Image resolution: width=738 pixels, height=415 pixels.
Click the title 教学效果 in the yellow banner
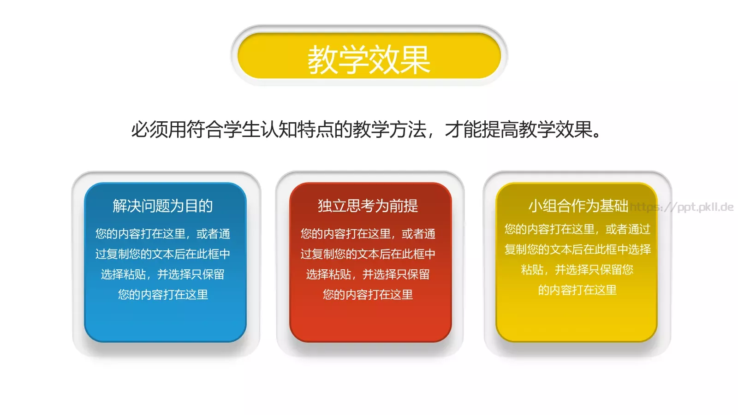(369, 59)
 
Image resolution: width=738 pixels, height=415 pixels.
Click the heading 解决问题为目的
(163, 206)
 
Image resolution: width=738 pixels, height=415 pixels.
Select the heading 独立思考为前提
(368, 206)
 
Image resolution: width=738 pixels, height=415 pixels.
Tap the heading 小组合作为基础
(578, 206)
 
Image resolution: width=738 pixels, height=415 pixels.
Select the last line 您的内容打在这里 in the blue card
(163, 294)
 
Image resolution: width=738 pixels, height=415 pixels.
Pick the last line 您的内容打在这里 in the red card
(368, 294)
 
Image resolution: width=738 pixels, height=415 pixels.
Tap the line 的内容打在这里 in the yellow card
(577, 290)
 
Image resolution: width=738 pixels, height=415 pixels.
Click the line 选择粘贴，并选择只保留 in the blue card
(163, 274)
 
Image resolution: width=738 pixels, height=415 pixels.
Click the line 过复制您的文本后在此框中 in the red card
(368, 254)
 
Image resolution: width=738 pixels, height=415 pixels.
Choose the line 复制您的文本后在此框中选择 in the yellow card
(577, 249)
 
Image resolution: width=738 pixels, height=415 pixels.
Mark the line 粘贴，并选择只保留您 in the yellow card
(577, 269)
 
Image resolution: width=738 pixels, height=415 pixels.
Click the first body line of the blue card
(163, 234)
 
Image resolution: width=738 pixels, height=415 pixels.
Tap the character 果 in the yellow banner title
(415, 59)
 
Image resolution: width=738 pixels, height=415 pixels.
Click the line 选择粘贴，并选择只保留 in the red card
(368, 274)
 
